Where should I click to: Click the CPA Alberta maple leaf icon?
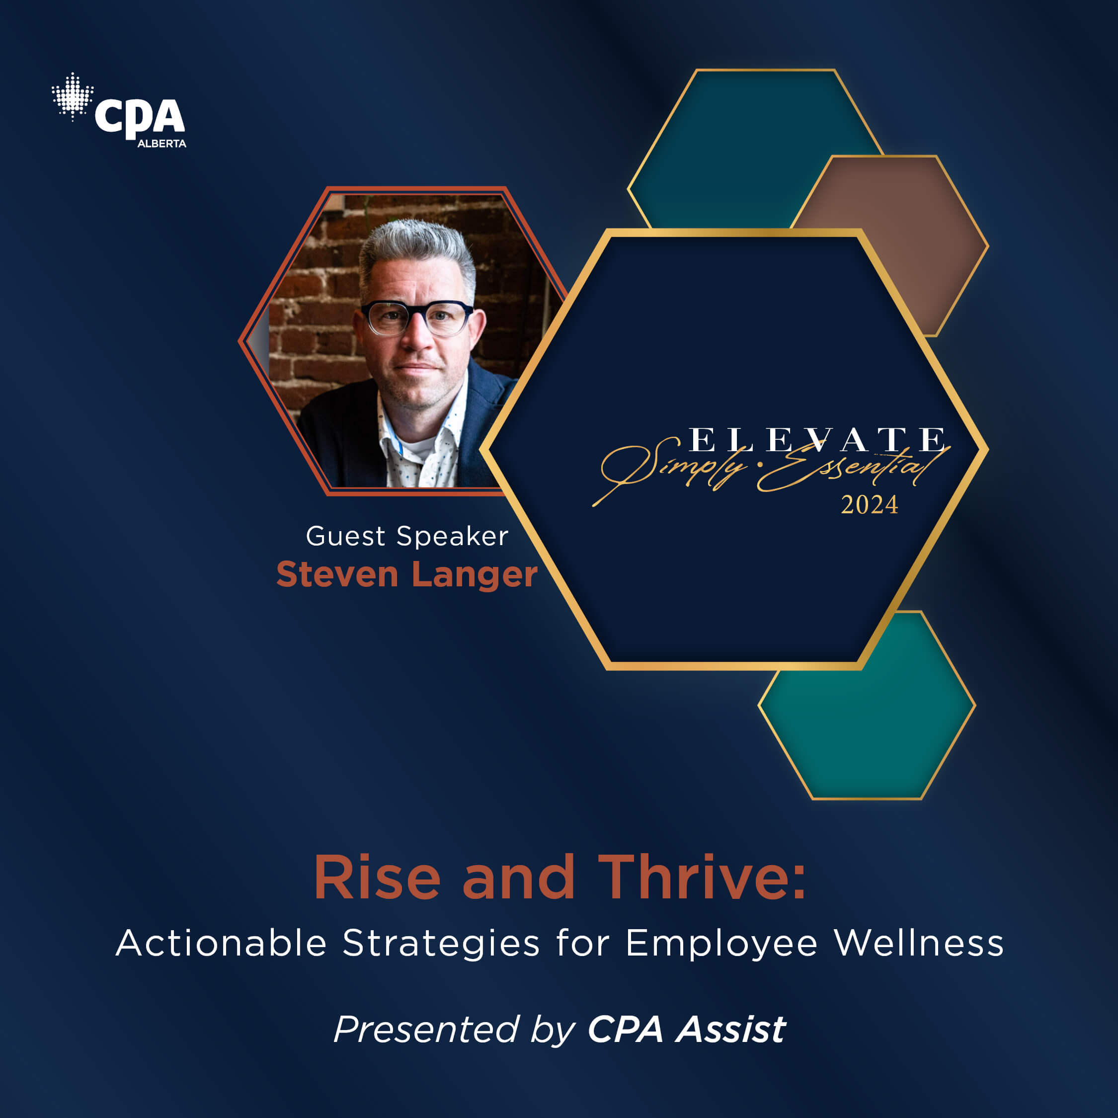(73, 96)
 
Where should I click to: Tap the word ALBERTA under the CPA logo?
(161, 144)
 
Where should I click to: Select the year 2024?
(869, 505)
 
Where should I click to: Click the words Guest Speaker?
(407, 537)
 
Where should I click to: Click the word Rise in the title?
(377, 878)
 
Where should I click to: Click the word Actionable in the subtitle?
(221, 943)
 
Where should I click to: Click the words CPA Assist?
(686, 1030)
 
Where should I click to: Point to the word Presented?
(425, 1030)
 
